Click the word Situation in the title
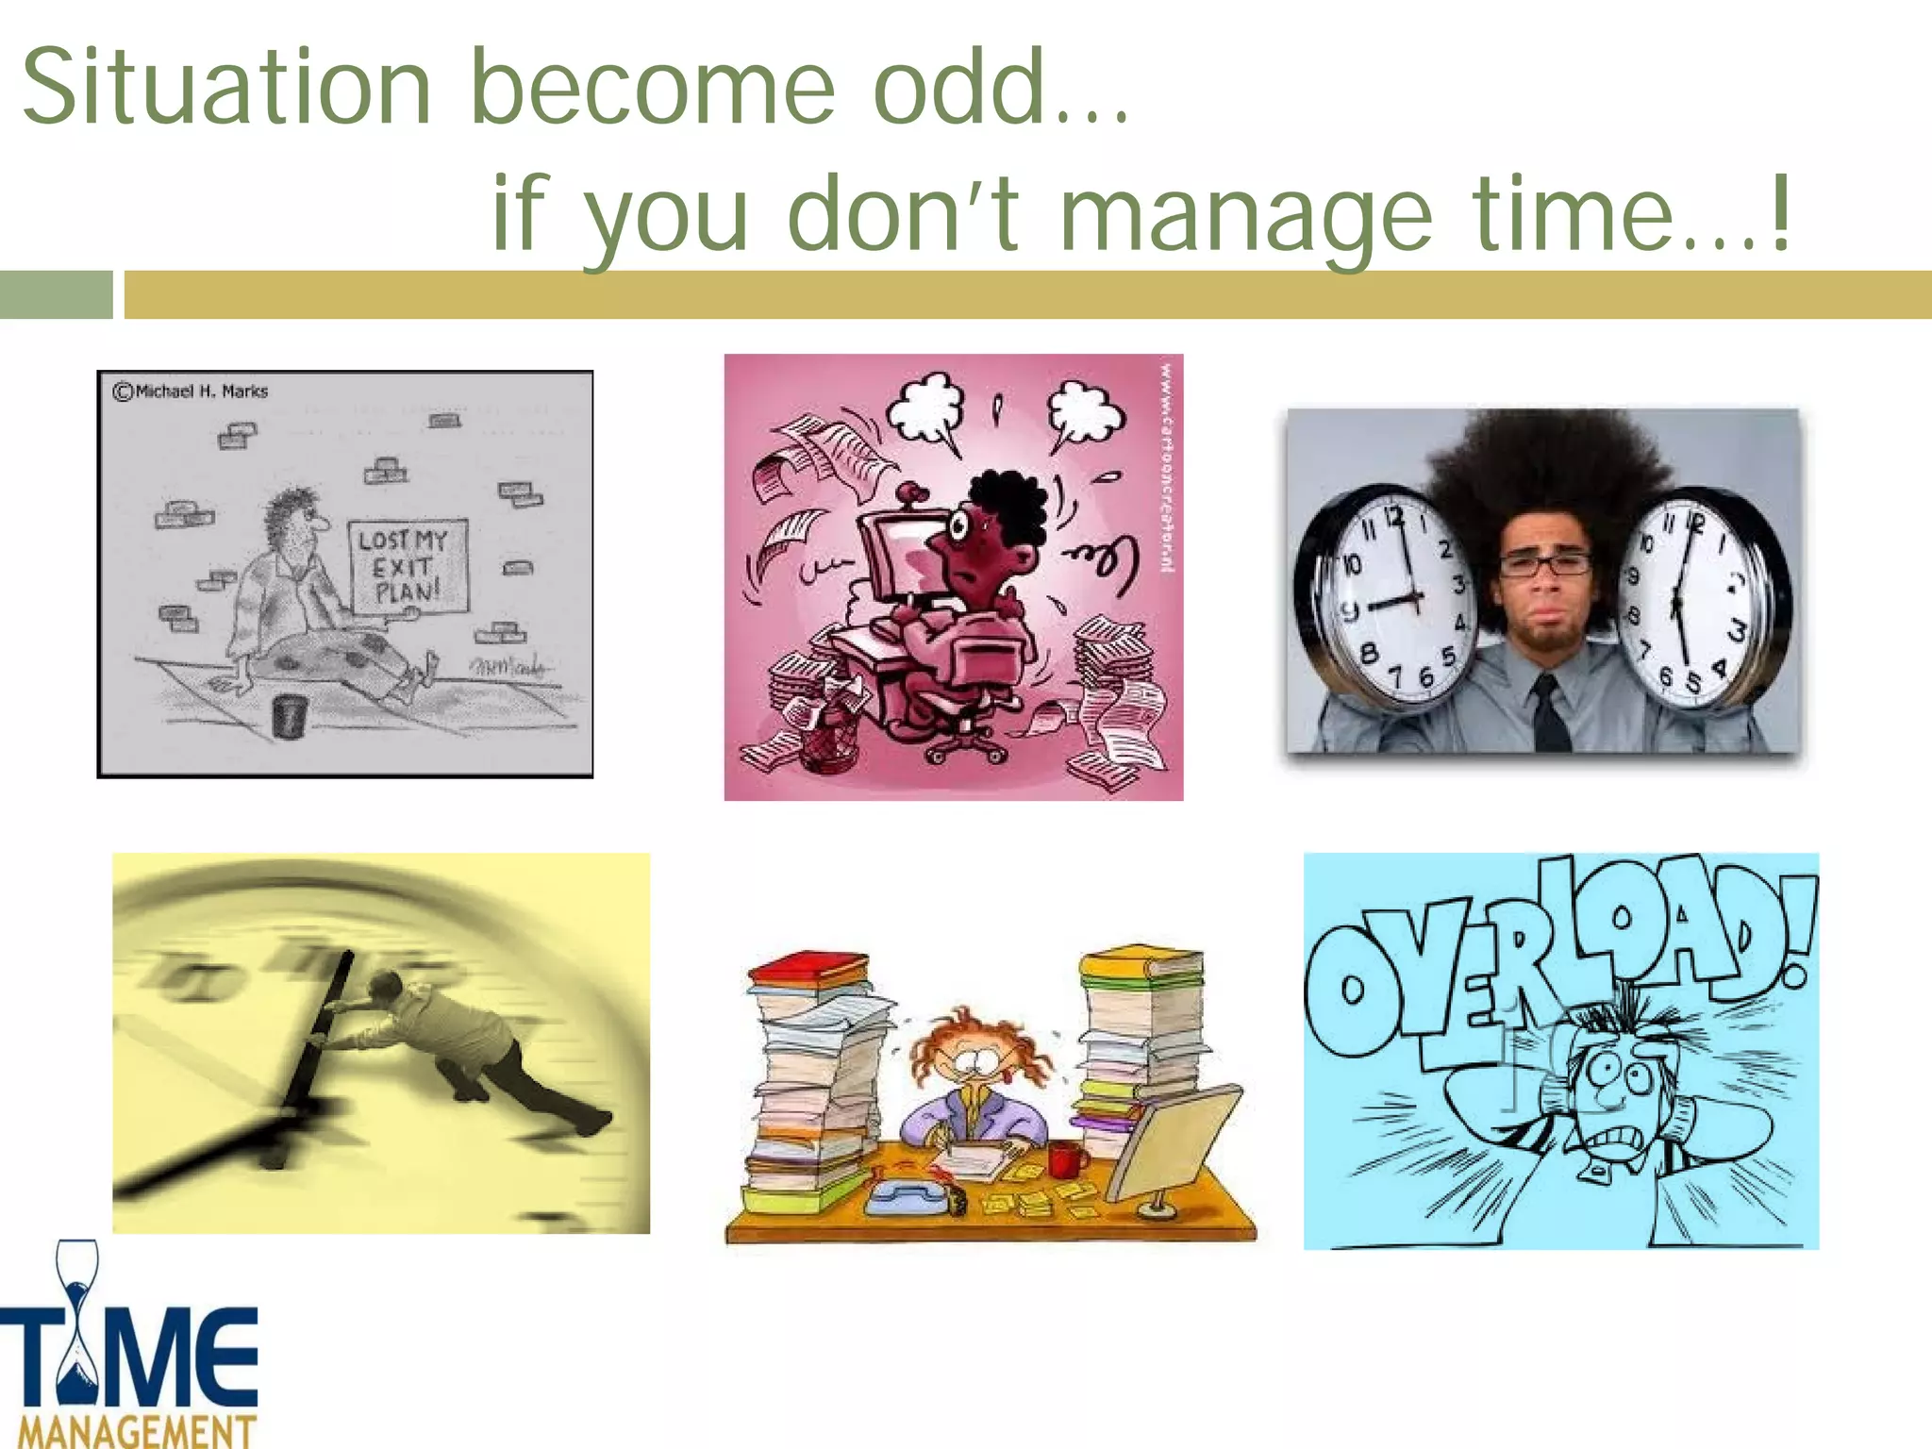pos(226,87)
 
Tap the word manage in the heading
pos(1245,215)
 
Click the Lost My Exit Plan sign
pos(408,566)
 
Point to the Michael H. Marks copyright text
pos(192,391)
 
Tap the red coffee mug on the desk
pos(1064,1158)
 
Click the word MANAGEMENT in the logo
pos(137,1429)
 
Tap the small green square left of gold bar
pos(56,294)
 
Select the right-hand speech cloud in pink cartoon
pos(1085,412)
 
